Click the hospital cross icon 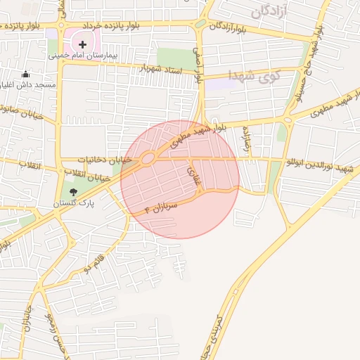pyautogui.click(x=82, y=44)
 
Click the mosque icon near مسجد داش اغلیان pyautogui.click(x=26, y=74)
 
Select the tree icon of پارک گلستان pyautogui.click(x=74, y=192)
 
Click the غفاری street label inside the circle pyautogui.click(x=193, y=174)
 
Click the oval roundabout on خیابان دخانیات pyautogui.click(x=148, y=159)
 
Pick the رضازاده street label pyautogui.click(x=247, y=141)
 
